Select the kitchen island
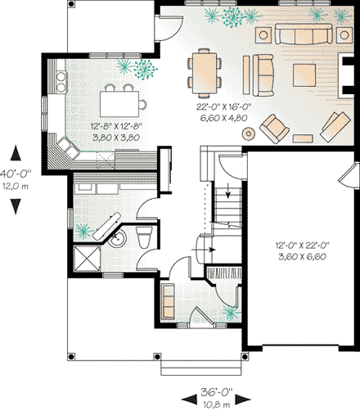(120, 102)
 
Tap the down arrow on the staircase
(226, 194)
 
